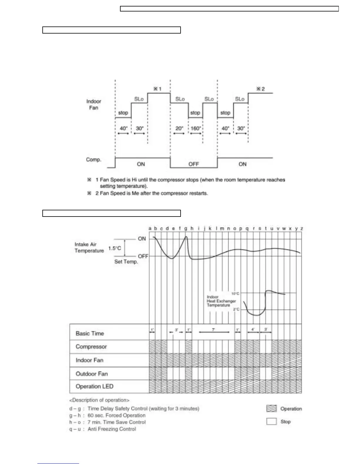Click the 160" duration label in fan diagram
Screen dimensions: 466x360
[196, 128]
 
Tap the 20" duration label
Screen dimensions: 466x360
[179, 128]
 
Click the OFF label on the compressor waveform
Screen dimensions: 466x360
[194, 164]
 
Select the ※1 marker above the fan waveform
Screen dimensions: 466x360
[157, 89]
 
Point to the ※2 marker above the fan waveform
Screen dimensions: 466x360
[260, 89]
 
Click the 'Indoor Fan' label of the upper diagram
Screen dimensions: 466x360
[94, 104]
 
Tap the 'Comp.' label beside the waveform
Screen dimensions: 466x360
[94, 159]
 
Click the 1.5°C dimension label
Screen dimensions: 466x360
[114, 248]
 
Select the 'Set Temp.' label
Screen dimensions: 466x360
[126, 262]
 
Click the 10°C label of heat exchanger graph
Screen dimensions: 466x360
[235, 294]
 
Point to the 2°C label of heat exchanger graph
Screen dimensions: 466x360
[236, 309]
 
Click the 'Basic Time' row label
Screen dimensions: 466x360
[90, 333]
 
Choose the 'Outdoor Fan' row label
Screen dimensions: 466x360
[92, 374]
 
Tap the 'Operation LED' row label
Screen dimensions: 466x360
[94, 386]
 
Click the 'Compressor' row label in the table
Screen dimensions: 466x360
[91, 347]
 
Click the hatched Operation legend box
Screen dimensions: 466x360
[271, 408]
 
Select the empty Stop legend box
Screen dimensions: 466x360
[271, 421]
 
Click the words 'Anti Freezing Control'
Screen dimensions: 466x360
[112, 429]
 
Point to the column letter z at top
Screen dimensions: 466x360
[301, 228]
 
